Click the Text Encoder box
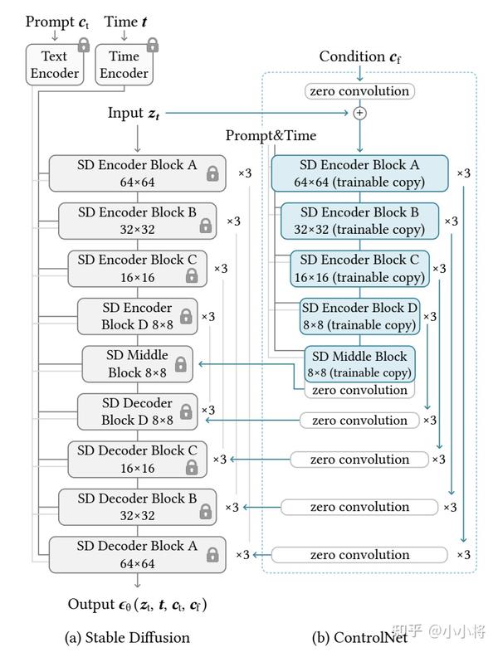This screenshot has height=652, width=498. click(x=55, y=65)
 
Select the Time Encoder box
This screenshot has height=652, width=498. click(x=124, y=65)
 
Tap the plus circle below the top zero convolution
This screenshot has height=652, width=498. click(x=359, y=112)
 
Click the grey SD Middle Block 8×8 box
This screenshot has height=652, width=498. click(x=136, y=363)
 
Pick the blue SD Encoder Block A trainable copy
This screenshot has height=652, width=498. click(x=359, y=173)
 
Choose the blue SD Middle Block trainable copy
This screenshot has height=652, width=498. click(x=359, y=363)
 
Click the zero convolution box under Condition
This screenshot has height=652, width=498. click(x=359, y=90)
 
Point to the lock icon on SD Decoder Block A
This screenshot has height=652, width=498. click(x=212, y=553)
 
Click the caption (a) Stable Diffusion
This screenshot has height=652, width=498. click(x=127, y=637)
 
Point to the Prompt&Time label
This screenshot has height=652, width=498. click(x=271, y=135)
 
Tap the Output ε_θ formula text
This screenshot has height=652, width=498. click(x=138, y=605)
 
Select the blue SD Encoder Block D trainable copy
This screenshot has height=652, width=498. click(x=359, y=316)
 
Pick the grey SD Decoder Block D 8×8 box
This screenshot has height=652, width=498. click(x=137, y=411)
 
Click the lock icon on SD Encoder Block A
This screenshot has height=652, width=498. click(x=212, y=173)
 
